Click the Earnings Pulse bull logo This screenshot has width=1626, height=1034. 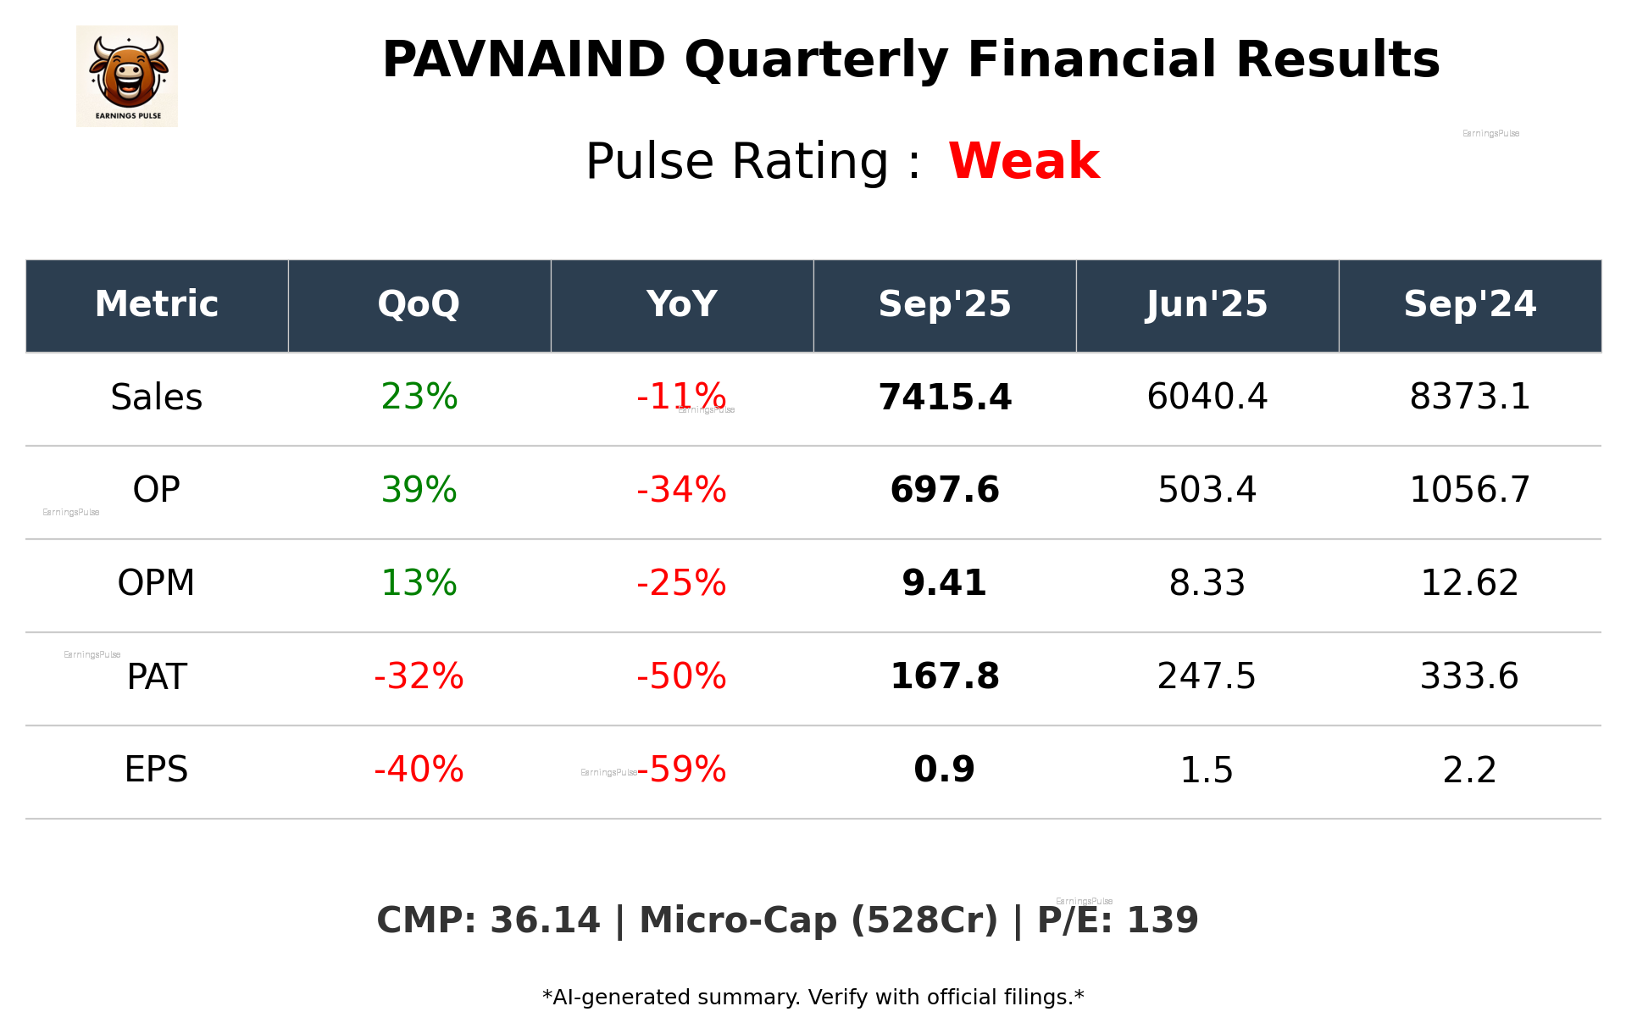(127, 75)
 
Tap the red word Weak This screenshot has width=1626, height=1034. (1024, 161)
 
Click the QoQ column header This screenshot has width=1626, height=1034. (419, 304)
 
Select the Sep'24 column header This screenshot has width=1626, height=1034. (1469, 304)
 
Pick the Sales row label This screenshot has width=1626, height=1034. (157, 397)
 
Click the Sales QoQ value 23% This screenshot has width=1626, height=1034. (419, 397)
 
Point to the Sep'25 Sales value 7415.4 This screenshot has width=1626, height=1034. (945, 397)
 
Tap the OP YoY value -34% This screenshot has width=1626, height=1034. (681, 490)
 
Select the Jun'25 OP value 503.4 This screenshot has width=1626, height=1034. (1207, 490)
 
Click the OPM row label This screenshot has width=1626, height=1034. (157, 583)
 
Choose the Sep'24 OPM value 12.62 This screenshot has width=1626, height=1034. (1469, 583)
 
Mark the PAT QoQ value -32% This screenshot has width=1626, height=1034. (419, 676)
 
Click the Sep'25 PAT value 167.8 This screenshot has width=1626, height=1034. (945, 676)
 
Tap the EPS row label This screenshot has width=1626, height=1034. (157, 770)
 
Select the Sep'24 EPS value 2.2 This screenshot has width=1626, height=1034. (1469, 770)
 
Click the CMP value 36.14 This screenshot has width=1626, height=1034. (545, 920)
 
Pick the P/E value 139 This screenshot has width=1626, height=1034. (1162, 920)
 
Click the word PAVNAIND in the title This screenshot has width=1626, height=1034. (524, 60)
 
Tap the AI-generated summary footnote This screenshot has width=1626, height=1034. (813, 998)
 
